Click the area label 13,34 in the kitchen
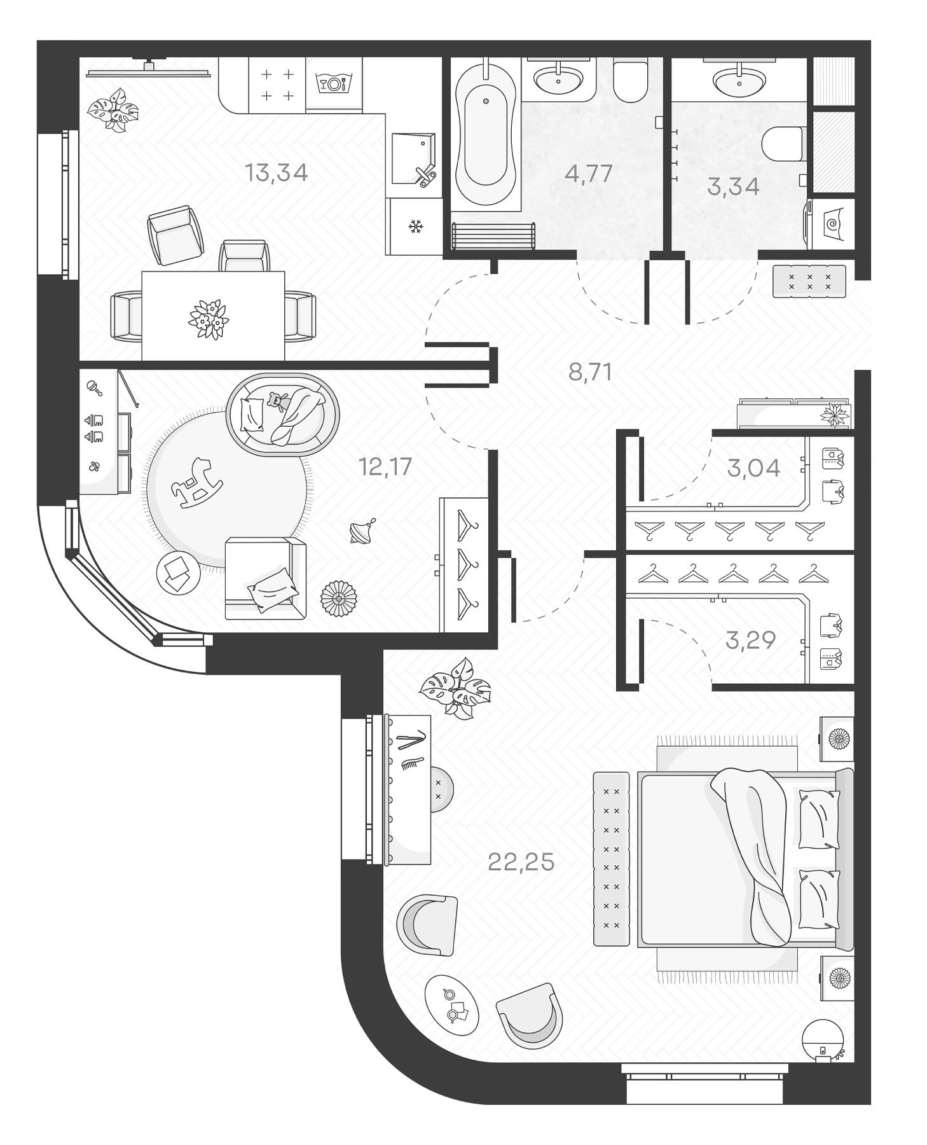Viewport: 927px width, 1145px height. tap(276, 172)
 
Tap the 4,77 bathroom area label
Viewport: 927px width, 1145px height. tap(588, 173)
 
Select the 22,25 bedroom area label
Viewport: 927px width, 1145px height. tap(521, 862)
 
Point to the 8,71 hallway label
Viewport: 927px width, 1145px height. tap(590, 371)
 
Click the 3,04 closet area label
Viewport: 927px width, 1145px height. tap(753, 468)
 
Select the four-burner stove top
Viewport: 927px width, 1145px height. tap(277, 85)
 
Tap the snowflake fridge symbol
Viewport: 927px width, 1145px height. tap(415, 226)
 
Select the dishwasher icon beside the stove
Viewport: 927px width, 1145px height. tap(333, 83)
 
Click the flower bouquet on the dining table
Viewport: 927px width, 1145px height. tap(208, 320)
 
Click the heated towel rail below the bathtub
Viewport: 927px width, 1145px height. tap(493, 236)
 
